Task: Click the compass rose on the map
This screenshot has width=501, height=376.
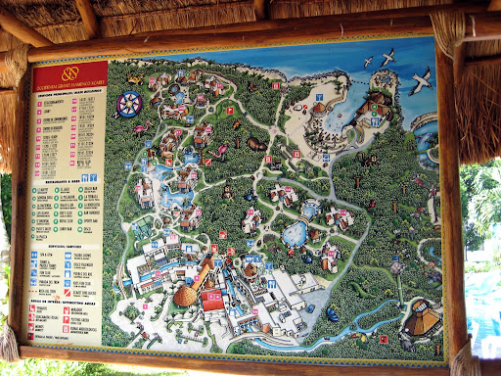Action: tap(128, 103)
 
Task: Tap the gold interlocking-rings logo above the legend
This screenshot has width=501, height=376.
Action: tap(68, 73)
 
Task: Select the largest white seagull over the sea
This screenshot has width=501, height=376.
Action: tap(422, 78)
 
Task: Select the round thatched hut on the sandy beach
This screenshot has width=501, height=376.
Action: tap(319, 109)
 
